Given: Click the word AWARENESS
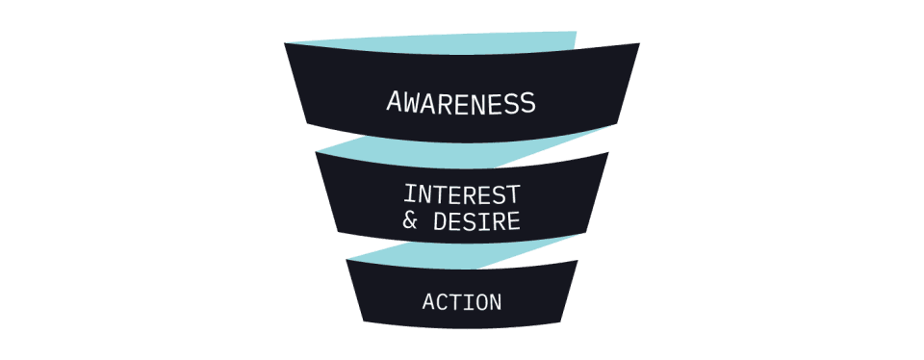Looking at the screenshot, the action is point(461,102).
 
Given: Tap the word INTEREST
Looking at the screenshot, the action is point(462,194).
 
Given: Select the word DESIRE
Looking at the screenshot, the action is point(476,221).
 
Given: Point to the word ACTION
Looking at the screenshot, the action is point(462,302).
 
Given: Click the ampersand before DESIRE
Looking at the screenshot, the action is point(411,221).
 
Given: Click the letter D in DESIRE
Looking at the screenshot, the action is point(440,221).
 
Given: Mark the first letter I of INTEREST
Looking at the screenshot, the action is point(411,194).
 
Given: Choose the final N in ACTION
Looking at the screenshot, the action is point(496,302).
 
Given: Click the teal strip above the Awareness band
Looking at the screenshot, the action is point(448,43).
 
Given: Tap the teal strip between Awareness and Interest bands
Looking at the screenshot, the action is point(466,149).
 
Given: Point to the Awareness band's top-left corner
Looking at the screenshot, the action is point(285,43).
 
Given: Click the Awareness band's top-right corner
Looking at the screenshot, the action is point(640,43).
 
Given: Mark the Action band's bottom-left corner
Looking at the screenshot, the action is point(364,321).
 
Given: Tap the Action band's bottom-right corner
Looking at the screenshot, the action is point(560,321).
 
